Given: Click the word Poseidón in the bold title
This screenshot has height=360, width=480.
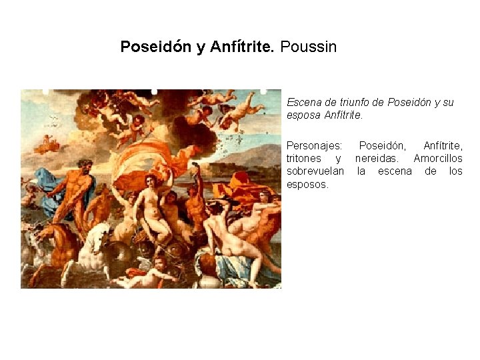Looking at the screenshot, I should [x=155, y=47].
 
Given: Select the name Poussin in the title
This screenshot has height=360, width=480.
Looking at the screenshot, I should [x=309, y=47].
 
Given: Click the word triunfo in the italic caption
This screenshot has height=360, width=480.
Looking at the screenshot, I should [x=345, y=103].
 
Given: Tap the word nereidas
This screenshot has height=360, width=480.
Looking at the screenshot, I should [x=379, y=158].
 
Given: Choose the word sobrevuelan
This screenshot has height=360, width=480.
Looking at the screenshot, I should [x=315, y=171].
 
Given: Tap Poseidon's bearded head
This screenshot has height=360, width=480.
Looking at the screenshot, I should [x=84, y=164].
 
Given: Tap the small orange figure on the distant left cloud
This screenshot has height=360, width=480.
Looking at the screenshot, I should [x=47, y=142].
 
